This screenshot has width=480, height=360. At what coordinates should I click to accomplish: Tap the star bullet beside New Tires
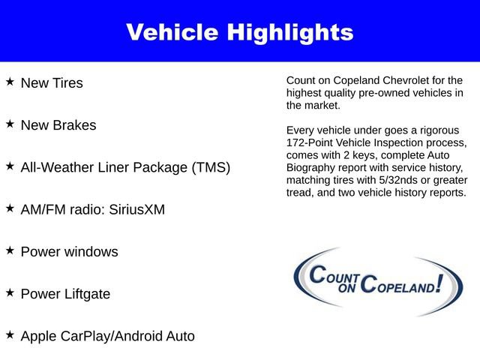10,81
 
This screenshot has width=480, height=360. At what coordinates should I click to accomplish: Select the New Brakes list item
58,125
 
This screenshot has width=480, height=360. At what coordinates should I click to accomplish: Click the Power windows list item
69,252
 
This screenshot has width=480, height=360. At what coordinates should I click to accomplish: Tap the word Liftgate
85,294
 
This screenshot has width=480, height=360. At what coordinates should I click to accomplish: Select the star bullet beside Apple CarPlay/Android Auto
10,334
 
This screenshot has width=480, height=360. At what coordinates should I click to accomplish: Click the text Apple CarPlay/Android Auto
107,336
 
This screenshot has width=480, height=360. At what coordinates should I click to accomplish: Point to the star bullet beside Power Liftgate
10,292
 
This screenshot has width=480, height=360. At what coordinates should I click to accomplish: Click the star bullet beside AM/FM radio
10,208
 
